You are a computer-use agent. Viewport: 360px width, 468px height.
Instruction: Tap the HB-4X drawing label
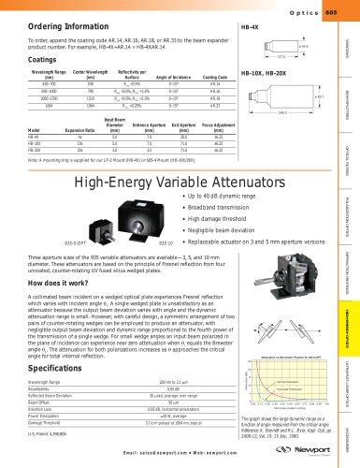click(x=250, y=27)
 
